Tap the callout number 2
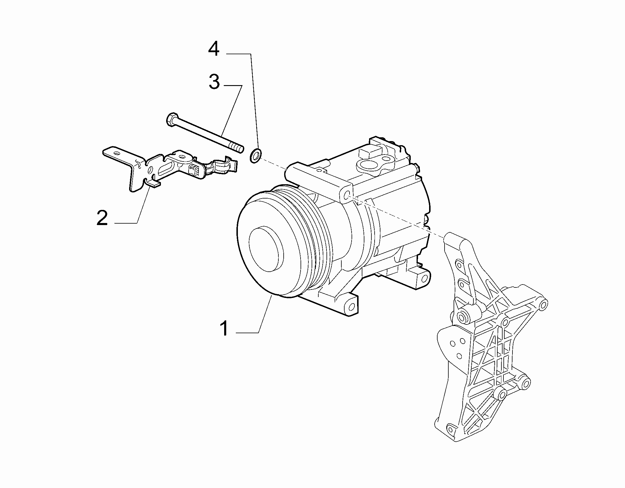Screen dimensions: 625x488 [x=102, y=218]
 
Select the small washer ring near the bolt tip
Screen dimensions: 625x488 [x=255, y=155]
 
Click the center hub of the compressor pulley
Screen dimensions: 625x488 [x=266, y=249]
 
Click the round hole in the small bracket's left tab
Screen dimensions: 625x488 [x=117, y=153]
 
